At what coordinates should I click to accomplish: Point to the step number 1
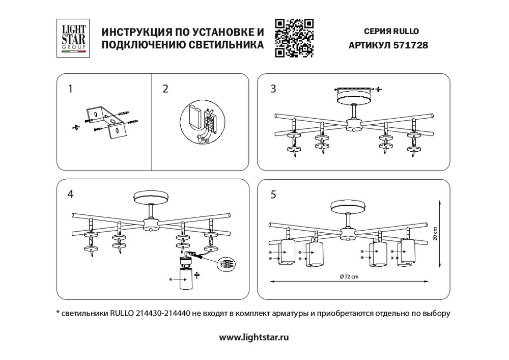coord(70,89)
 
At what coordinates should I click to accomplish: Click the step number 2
coord(165,89)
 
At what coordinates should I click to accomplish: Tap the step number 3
coord(273,89)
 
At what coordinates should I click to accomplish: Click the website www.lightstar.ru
coord(254,337)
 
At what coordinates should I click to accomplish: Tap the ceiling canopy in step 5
coord(348,207)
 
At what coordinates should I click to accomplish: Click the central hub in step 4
coord(151,224)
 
